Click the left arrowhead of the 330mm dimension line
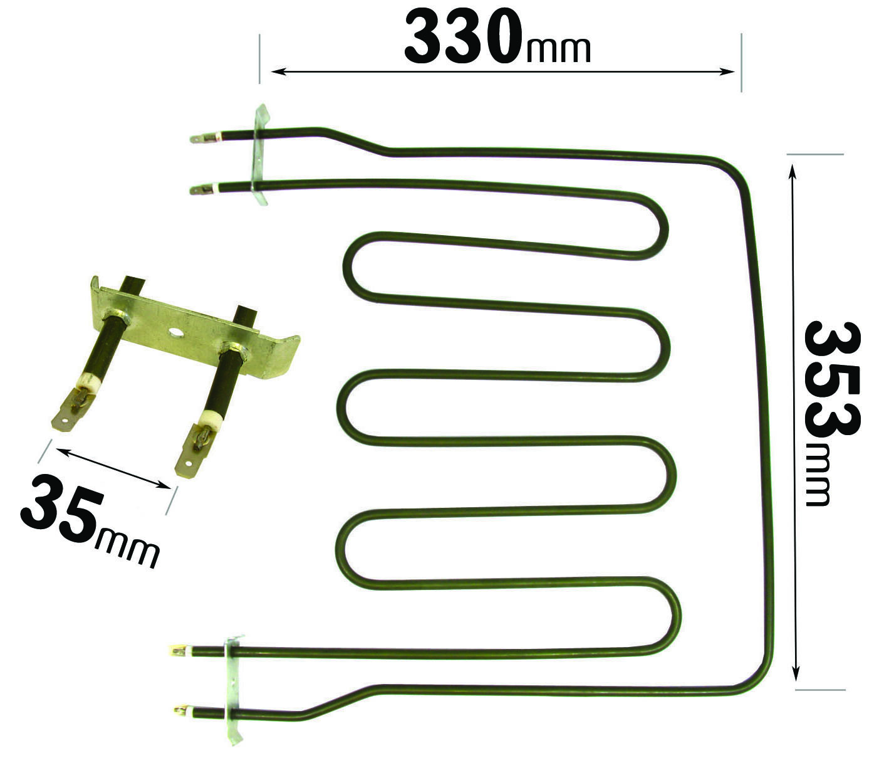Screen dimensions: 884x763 (x=279, y=71)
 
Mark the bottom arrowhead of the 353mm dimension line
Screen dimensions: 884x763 (x=795, y=671)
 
